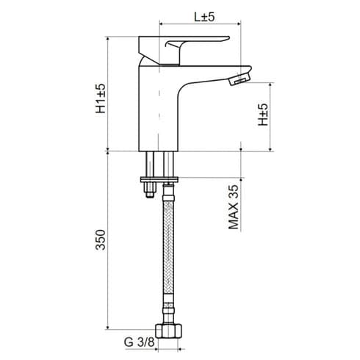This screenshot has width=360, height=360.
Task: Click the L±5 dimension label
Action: pyautogui.click(x=203, y=17)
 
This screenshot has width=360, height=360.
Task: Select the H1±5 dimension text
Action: pyautogui.click(x=101, y=98)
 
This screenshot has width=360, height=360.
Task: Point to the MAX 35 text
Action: pyautogui.click(x=234, y=208)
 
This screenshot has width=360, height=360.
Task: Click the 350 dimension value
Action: pyautogui.click(x=101, y=242)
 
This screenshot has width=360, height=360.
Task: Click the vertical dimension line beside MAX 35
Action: pyautogui.click(x=242, y=165)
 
